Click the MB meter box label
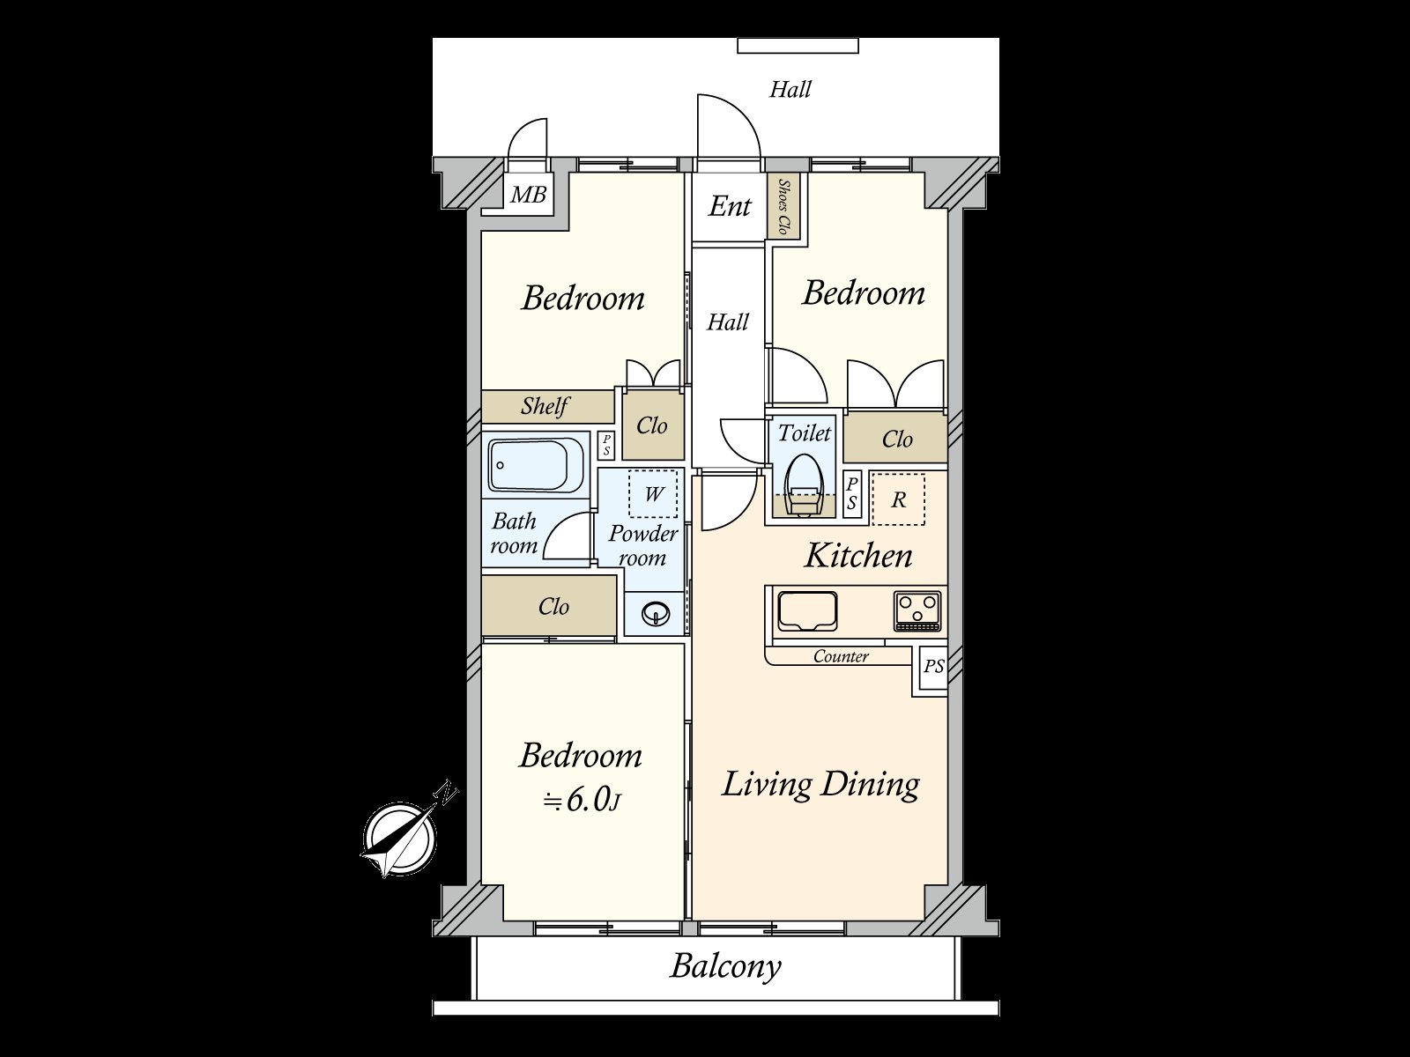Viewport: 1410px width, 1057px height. (x=528, y=194)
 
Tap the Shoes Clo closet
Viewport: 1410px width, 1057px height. (x=783, y=207)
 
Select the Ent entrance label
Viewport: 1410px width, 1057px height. (x=730, y=207)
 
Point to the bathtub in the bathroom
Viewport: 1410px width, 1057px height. (x=537, y=465)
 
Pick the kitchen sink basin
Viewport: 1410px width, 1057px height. (x=807, y=611)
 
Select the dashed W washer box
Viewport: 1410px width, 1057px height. (x=653, y=493)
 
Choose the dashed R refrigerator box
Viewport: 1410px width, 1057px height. (x=899, y=499)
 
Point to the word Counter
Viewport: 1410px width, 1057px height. (x=841, y=656)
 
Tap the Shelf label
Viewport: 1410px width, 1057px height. (x=545, y=405)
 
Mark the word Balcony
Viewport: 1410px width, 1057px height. (x=726, y=985)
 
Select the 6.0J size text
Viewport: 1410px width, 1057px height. (x=582, y=802)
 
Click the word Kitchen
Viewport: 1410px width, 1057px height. (x=858, y=556)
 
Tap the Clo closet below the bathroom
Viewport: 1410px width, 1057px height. (x=549, y=607)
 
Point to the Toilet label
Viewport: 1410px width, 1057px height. (x=805, y=433)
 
